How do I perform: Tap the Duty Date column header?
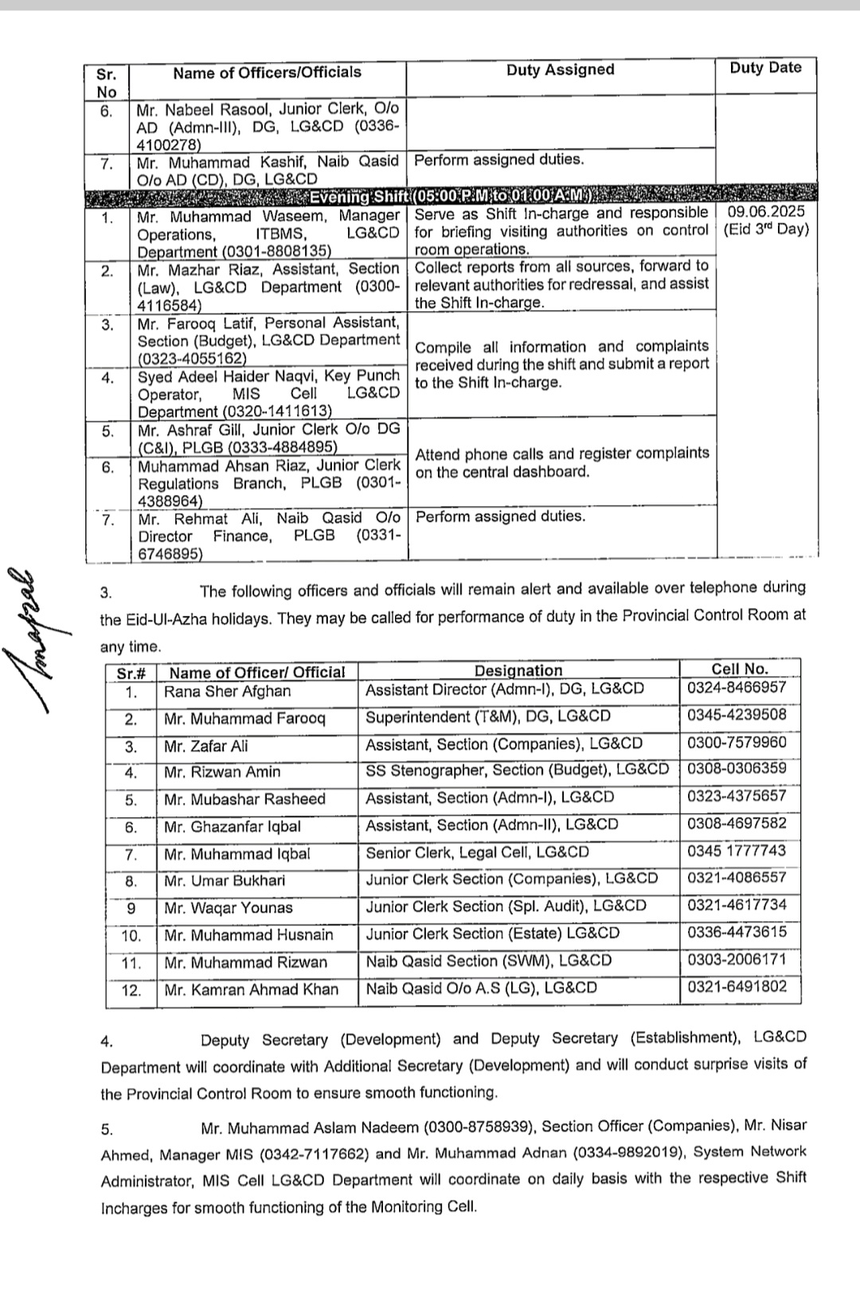tap(765, 68)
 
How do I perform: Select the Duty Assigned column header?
tap(560, 70)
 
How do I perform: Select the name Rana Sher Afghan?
tap(227, 691)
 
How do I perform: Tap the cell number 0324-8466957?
tap(737, 687)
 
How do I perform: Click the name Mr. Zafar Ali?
tap(205, 746)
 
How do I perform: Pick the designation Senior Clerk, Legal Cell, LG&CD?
tap(477, 852)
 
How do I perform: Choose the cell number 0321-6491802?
tap(737, 987)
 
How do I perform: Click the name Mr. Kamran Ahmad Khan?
tap(251, 990)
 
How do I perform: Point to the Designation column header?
tap(518, 671)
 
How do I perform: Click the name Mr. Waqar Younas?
tap(228, 908)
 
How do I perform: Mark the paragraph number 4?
tap(107, 1042)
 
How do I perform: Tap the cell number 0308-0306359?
tap(737, 769)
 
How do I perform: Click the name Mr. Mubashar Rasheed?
tap(244, 799)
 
